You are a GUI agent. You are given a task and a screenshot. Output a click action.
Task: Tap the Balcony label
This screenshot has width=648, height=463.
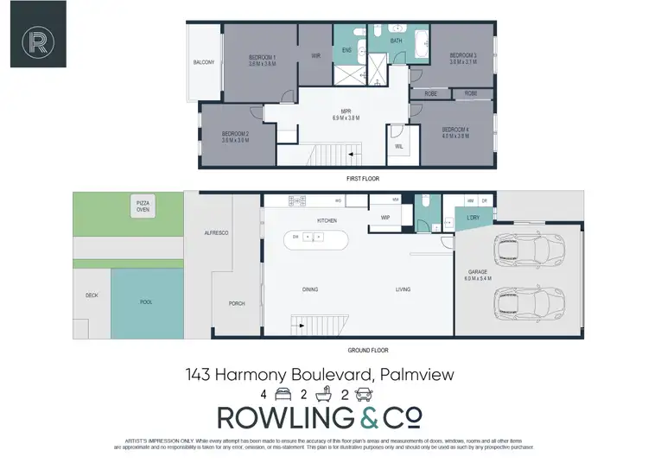coord(204,62)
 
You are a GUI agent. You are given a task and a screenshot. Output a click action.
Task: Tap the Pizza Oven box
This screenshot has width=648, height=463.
coord(143,205)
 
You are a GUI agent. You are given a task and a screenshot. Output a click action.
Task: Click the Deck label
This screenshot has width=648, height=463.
coord(92,295)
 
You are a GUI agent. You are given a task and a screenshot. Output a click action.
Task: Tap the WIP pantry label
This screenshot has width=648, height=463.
coord(385,218)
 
